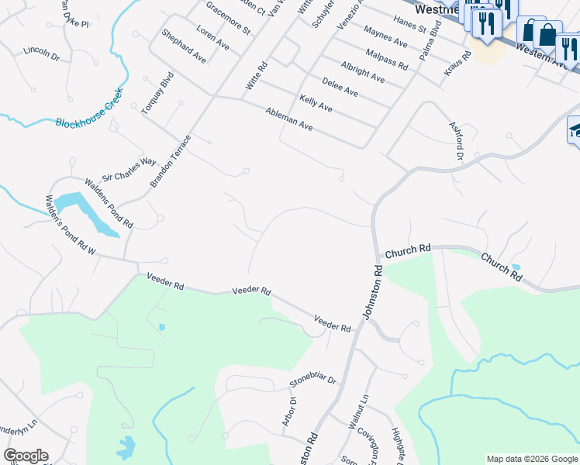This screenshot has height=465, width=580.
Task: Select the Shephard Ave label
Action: click(x=184, y=46)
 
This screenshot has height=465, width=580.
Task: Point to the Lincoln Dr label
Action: click(x=41, y=53)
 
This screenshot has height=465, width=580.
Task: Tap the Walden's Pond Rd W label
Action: click(x=70, y=225)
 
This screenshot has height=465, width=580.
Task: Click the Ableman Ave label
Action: click(x=288, y=119)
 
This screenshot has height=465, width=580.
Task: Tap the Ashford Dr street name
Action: click(x=457, y=140)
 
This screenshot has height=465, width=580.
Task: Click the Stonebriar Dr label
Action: click(x=312, y=381)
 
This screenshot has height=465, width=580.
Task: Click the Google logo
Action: click(x=26, y=456)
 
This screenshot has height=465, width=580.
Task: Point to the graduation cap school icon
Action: click(x=575, y=130)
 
